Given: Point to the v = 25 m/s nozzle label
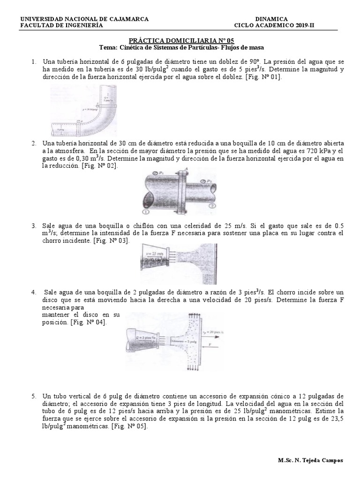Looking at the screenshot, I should pyautogui.click(x=154, y=253).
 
